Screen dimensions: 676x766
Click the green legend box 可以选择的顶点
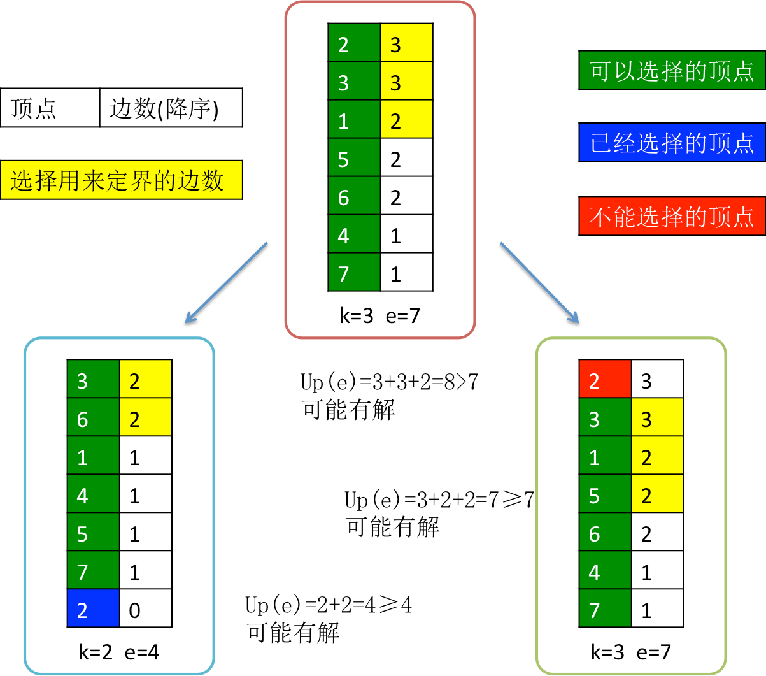[x=672, y=70]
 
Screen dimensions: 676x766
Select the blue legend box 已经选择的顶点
[x=672, y=142]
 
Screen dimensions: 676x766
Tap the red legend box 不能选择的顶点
[x=672, y=216]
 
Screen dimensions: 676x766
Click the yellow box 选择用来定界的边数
[x=121, y=180]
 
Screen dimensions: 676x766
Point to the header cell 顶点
[x=50, y=108]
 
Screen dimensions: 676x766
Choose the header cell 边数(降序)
[x=171, y=108]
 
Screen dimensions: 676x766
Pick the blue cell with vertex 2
[x=93, y=608]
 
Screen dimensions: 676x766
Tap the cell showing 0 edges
[x=146, y=608]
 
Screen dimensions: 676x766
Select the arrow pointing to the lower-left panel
[x=226, y=284]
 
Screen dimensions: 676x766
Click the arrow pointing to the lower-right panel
[x=539, y=284]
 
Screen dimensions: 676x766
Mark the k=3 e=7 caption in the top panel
[x=380, y=315]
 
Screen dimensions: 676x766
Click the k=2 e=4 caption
[x=119, y=652]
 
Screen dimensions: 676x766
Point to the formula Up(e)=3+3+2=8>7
[x=389, y=382]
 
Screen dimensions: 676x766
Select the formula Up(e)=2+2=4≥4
[x=329, y=605]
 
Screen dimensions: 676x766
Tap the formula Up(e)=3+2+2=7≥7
[x=439, y=499]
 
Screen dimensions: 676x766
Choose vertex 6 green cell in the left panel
[x=93, y=417]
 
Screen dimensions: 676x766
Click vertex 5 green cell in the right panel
[x=605, y=494]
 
